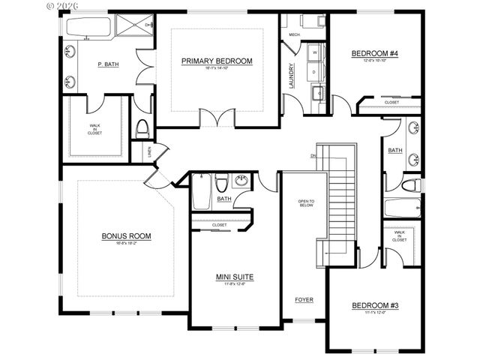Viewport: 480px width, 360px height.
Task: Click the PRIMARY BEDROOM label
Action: pyautogui.click(x=217, y=61)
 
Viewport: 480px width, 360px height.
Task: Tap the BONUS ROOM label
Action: pyautogui.click(x=126, y=236)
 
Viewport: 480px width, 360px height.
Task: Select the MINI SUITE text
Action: pyautogui.click(x=235, y=277)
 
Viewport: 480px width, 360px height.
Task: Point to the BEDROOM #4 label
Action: pyautogui.click(x=375, y=54)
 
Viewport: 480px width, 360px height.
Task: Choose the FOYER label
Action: pyautogui.click(x=304, y=300)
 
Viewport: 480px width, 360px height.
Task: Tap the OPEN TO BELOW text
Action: pyautogui.click(x=305, y=203)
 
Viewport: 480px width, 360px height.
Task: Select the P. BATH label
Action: pyautogui.click(x=108, y=64)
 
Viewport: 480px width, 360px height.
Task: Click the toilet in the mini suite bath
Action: pyautogui.click(x=220, y=184)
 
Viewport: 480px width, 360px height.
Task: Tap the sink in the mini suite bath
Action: pyautogui.click(x=241, y=181)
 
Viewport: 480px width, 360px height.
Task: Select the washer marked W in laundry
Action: pyautogui.click(x=314, y=53)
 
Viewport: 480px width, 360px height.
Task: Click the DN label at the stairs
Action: pyautogui.click(x=313, y=156)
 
